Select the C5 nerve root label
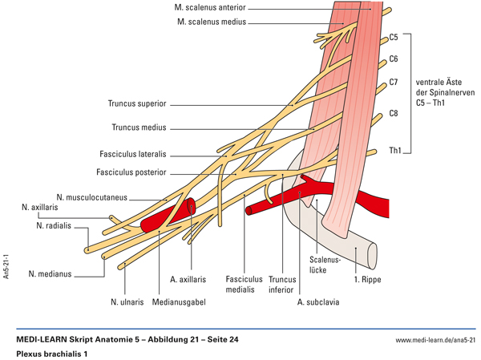point(394,37)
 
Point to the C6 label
point(394,59)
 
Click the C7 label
point(394,83)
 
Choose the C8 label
point(394,114)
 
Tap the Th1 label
point(394,150)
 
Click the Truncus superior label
point(138,104)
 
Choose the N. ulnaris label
point(127,302)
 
